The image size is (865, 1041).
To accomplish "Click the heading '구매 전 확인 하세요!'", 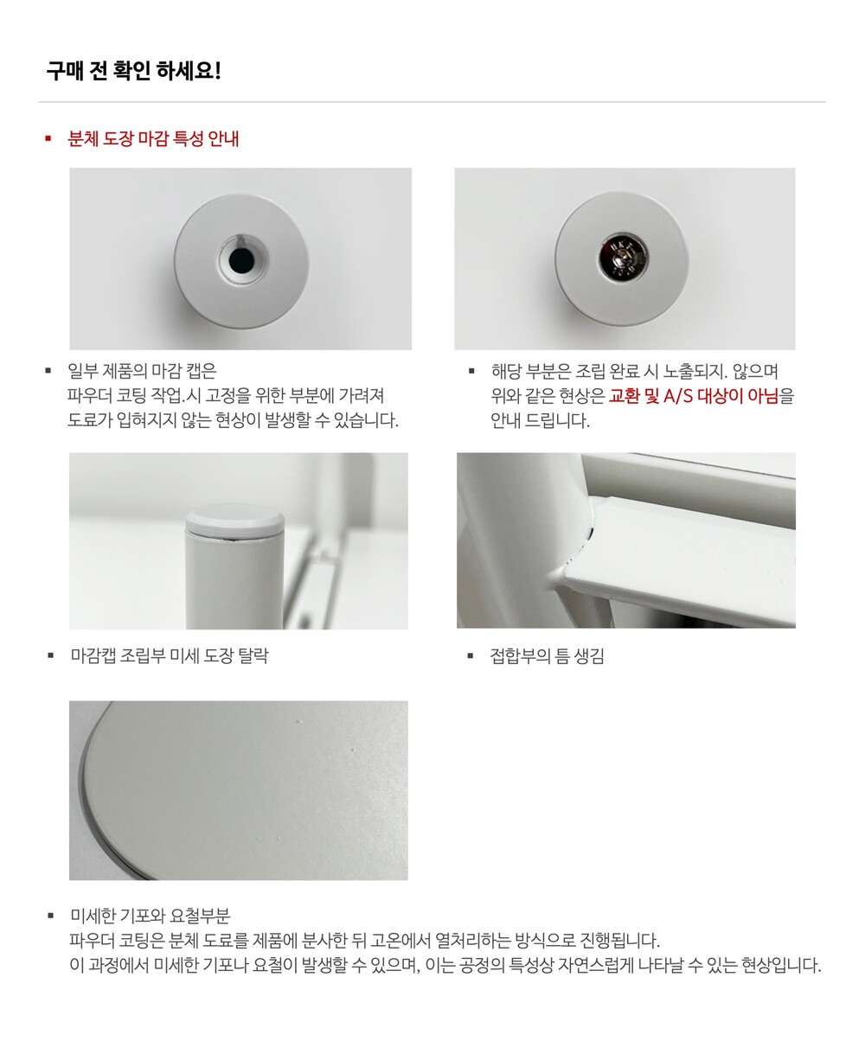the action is [x=134, y=71].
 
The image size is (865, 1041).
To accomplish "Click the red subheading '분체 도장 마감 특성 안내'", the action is [x=153, y=138].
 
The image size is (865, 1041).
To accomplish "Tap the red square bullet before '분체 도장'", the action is [x=48, y=138].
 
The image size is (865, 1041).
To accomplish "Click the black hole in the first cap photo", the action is [x=241, y=259].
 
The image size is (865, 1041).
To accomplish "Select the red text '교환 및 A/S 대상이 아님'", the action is [x=694, y=396].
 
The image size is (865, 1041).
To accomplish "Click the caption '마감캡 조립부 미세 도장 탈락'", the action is [x=170, y=655].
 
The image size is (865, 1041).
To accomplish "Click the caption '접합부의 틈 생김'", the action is [x=548, y=655].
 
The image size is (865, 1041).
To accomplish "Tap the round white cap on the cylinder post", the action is [x=234, y=520].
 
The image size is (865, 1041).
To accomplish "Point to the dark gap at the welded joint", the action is [x=590, y=534].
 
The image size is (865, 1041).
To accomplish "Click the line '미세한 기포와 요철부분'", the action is [x=151, y=916].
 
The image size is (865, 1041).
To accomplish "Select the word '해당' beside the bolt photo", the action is [x=506, y=371].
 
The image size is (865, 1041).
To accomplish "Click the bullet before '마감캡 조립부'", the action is [x=50, y=655].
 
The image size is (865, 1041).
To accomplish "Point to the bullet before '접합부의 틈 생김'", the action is [x=471, y=655].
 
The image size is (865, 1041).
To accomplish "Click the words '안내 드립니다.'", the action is [x=541, y=421].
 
